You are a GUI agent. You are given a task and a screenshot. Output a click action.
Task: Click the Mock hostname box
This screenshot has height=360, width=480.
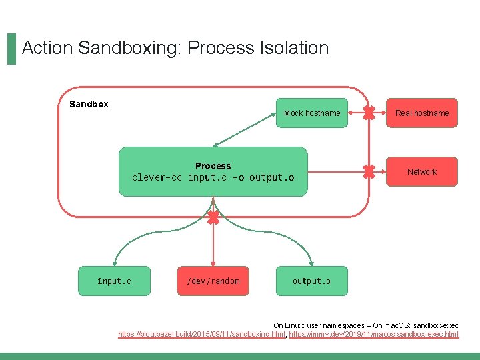pos(312,113)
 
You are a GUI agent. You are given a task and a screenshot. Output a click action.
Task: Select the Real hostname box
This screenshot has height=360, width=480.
pos(422,113)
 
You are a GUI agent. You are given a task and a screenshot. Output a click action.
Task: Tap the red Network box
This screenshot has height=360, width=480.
pos(422,172)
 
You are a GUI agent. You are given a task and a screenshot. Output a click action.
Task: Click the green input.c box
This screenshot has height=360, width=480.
pos(114,281)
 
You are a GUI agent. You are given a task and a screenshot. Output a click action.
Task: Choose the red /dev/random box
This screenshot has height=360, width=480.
pos(213,281)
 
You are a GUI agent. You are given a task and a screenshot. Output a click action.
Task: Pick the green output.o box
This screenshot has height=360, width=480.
pos(311,281)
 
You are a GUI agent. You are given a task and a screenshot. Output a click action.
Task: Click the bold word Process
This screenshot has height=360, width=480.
pos(213,166)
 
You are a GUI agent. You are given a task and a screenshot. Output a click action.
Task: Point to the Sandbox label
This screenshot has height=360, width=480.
pos(89,104)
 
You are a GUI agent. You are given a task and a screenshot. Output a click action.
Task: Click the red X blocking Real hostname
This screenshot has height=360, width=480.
pos(369,113)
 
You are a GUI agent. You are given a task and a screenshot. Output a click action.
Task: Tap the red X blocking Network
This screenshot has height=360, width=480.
pos(369,172)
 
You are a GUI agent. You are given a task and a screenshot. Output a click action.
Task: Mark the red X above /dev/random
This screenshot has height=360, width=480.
pos(213,217)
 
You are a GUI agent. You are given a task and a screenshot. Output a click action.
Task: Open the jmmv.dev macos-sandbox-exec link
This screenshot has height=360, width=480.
pos(374,333)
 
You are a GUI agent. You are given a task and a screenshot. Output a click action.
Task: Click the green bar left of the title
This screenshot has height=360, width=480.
pos(11,49)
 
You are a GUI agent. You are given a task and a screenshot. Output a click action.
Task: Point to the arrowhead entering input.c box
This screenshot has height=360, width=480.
pos(114,264)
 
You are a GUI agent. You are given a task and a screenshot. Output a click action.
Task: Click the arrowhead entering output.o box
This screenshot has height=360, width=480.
pos(312,264)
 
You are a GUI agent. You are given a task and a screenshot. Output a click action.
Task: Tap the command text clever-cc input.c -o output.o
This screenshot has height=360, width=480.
pos(213,177)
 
